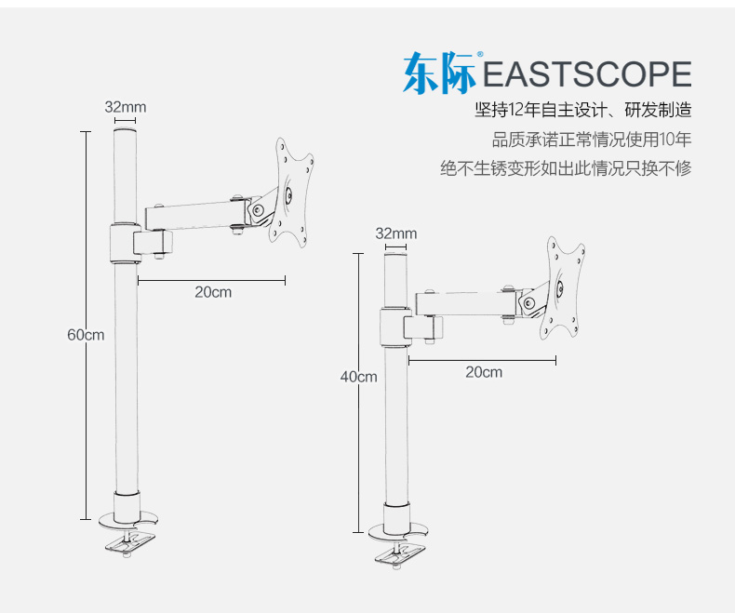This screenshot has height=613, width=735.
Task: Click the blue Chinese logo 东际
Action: click(439, 73)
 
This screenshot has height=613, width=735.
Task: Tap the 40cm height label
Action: click(358, 377)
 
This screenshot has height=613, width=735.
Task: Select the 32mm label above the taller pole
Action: click(125, 107)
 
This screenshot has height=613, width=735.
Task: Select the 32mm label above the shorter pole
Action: click(396, 233)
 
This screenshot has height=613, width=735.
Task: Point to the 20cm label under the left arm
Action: click(213, 292)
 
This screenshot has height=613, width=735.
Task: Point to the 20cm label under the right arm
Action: click(484, 372)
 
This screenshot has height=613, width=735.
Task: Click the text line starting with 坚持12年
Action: click(583, 111)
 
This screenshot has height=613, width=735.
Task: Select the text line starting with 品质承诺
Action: click(592, 140)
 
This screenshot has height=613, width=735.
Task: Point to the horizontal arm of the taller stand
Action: click(195, 213)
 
